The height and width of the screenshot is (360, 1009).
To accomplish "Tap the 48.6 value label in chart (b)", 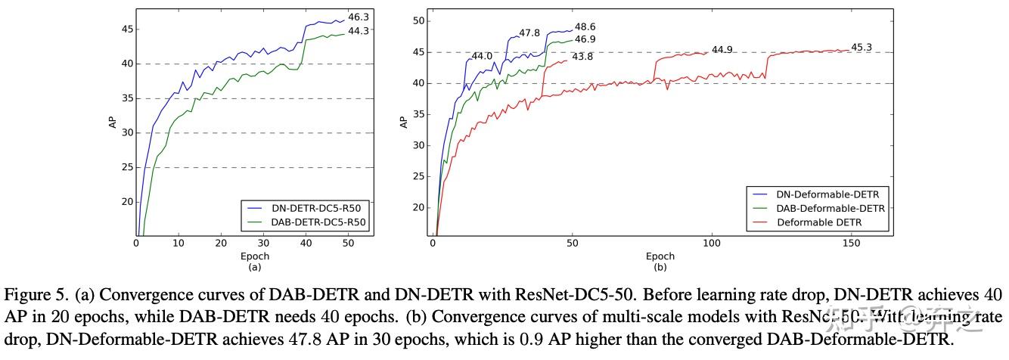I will tap(585, 26).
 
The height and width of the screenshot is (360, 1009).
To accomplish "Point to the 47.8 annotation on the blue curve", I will tap(529, 33).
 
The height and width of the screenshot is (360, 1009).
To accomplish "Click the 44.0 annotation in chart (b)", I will tap(482, 56).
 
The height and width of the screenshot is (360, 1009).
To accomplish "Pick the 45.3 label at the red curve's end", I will tap(862, 47).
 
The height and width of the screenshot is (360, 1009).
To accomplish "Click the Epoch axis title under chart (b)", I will tap(660, 256).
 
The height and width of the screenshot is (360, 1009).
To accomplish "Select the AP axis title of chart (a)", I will tap(113, 123).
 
